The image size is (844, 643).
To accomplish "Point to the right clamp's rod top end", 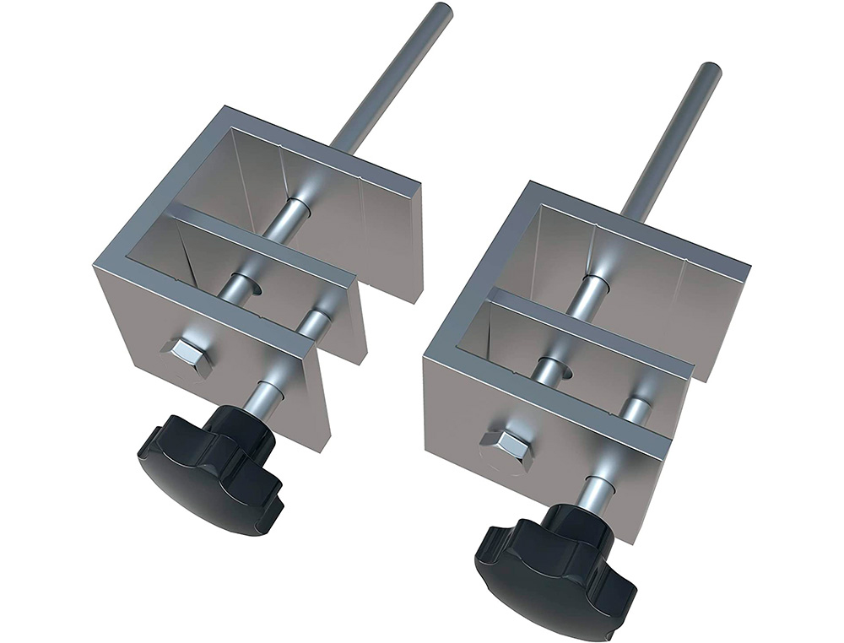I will [x=711, y=70].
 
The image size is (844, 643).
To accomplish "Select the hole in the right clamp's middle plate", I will [x=554, y=369].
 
